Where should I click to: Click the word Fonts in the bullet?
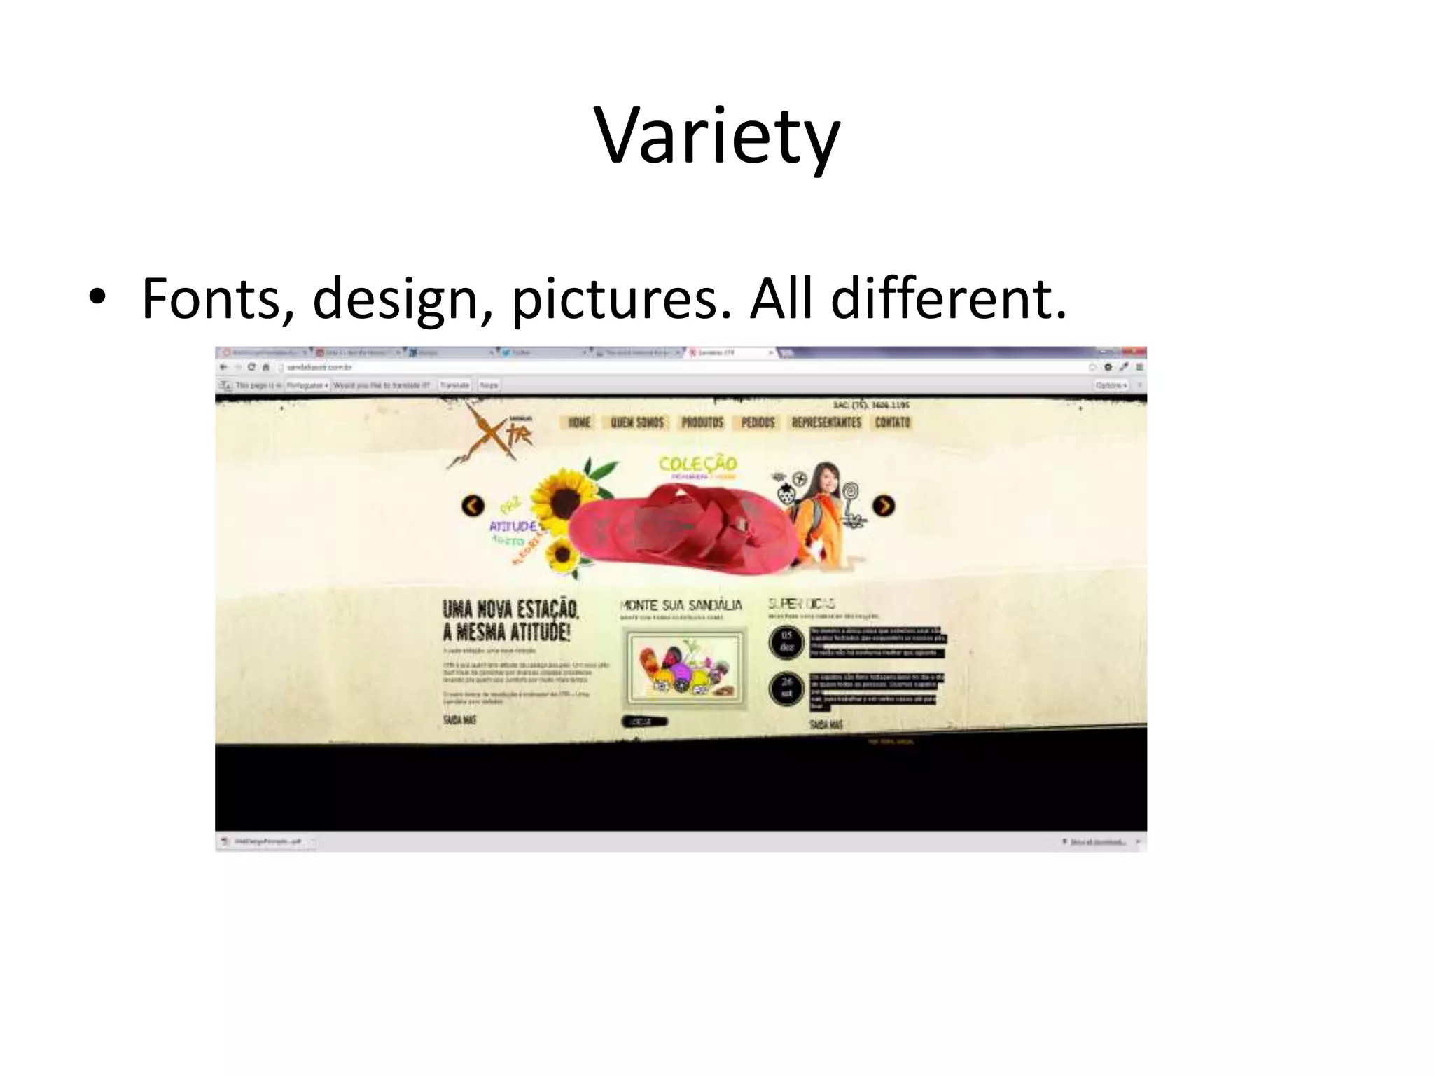(x=211, y=299)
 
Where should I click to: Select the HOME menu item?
(x=579, y=422)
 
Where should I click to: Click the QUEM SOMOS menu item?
(x=637, y=422)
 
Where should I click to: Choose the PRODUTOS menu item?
(x=702, y=422)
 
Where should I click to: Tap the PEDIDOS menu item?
(x=758, y=422)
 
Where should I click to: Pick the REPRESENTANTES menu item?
(x=826, y=422)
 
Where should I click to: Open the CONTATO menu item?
(x=893, y=422)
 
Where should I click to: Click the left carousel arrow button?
(x=473, y=505)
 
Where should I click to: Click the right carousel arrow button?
(x=884, y=505)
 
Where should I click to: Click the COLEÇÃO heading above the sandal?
(x=698, y=464)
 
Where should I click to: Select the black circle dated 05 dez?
(x=786, y=642)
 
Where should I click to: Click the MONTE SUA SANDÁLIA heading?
(x=681, y=605)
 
